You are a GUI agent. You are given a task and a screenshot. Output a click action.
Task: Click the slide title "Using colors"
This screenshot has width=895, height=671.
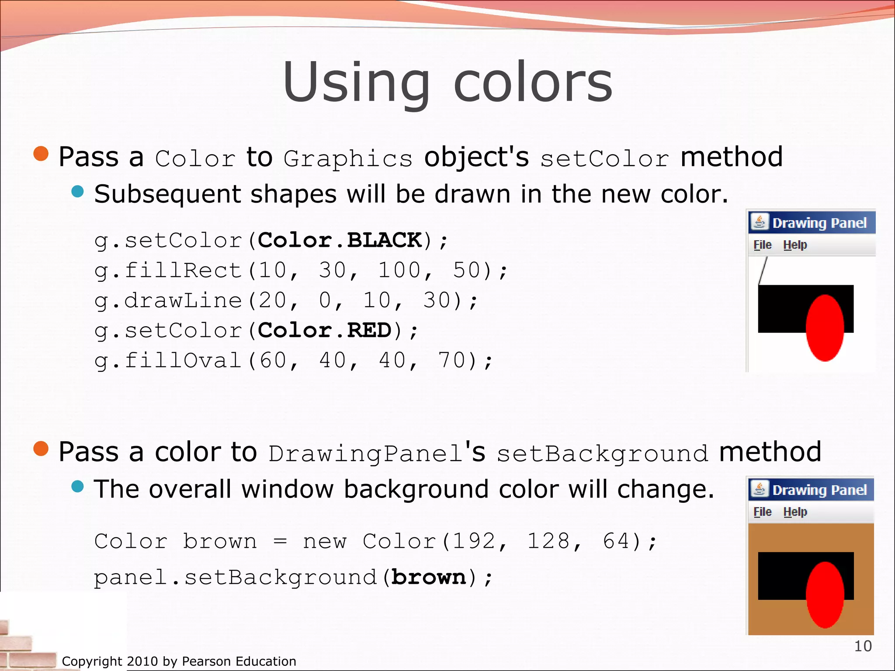click(x=447, y=83)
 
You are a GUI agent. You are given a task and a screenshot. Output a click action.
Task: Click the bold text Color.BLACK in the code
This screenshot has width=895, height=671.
click(x=340, y=240)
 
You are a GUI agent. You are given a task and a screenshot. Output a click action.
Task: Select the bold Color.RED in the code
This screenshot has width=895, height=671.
click(x=325, y=330)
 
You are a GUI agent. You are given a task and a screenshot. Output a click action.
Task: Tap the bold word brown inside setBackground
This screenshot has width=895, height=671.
click(x=429, y=577)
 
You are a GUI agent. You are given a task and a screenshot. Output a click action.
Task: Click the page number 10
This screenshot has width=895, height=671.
click(x=863, y=646)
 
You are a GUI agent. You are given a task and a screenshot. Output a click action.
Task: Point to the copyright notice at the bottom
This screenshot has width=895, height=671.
click(x=179, y=661)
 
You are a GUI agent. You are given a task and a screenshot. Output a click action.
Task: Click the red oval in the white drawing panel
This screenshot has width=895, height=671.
click(x=825, y=328)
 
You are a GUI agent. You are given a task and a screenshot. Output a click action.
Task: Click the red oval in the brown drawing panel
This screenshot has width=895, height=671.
click(x=825, y=595)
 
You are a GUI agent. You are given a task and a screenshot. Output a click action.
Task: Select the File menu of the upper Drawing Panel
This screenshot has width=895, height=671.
click(x=763, y=245)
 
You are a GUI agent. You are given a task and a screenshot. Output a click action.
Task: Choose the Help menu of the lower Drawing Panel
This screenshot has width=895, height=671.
click(x=795, y=512)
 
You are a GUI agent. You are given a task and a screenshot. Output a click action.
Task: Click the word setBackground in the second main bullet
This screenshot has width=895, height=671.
click(x=602, y=453)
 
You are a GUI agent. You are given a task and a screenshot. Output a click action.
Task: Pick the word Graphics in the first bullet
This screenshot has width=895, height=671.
click(x=348, y=159)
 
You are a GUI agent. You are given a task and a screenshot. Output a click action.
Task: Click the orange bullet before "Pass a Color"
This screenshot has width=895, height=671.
click(x=41, y=154)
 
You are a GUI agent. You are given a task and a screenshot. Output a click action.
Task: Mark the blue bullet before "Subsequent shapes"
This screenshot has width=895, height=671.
click(x=77, y=191)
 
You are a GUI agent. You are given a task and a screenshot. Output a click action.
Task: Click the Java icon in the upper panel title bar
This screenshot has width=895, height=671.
click(x=760, y=222)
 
